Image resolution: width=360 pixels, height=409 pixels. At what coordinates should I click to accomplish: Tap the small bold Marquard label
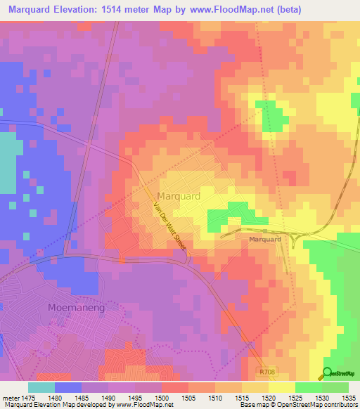pos(265,240)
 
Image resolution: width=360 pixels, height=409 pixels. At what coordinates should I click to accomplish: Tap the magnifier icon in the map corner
pos(327,373)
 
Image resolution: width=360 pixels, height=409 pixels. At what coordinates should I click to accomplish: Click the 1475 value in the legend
pos(28,398)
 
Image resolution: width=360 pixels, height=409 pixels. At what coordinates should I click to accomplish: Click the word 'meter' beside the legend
pos(11,398)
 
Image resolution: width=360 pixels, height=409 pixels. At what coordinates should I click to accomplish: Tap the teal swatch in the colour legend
pos(41,387)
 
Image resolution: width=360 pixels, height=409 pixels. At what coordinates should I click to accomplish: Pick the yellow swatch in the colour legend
pos(281,387)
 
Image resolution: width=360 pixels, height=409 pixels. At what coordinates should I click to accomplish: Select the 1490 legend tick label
pos(108,398)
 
